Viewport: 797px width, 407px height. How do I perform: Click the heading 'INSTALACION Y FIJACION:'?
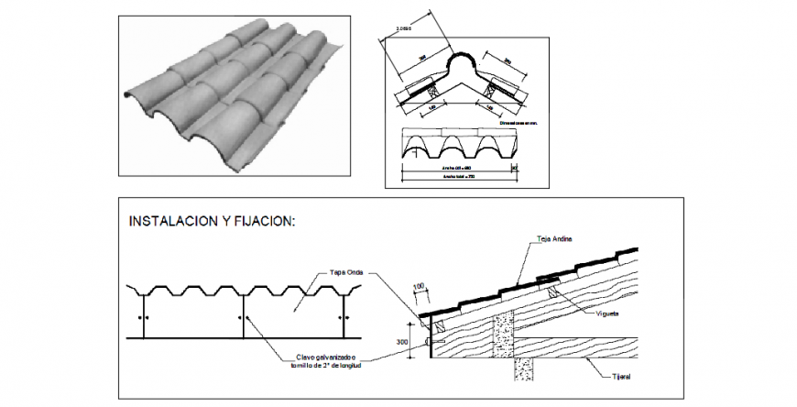(213, 221)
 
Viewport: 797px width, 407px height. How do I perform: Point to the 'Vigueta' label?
(606, 313)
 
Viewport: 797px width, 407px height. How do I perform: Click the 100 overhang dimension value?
(420, 287)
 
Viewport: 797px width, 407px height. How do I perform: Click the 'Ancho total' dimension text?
(458, 177)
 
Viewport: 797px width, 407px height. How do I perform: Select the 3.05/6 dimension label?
(403, 29)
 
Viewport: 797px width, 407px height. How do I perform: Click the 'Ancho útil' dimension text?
(455, 168)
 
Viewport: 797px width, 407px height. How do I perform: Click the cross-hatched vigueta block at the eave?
(439, 325)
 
